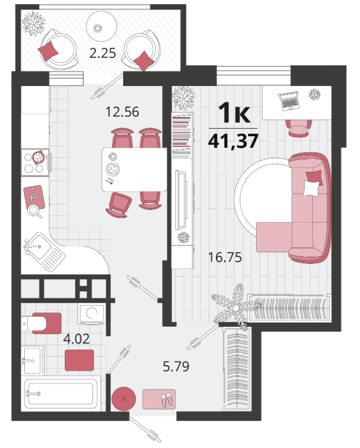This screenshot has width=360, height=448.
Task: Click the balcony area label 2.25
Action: click(102, 53)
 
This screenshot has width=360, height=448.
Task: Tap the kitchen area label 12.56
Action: click(122, 112)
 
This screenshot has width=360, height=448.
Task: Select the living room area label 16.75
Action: click(225, 257)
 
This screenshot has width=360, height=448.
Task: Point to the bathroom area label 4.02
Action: click(77, 339)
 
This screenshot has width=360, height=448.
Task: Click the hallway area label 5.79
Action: click(176, 366)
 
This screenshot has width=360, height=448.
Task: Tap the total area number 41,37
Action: click(233, 141)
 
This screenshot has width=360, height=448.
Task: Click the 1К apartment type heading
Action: click(234, 113)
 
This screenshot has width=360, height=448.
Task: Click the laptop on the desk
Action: click(289, 101)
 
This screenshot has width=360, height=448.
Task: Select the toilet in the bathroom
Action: click(42, 323)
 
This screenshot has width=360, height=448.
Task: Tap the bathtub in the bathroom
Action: click(61, 394)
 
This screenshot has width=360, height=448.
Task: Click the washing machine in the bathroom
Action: click(91, 314)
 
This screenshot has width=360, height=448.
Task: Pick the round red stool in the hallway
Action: click(124, 399)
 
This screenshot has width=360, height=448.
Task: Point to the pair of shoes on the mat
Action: click(167, 399)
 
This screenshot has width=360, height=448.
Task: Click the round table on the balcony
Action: click(101, 26)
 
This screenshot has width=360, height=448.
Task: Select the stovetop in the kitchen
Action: click(35, 163)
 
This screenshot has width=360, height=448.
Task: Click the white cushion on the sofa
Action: click(311, 188)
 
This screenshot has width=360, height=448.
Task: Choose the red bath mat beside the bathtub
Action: click(79, 360)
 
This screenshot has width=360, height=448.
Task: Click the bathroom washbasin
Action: click(33, 360)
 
